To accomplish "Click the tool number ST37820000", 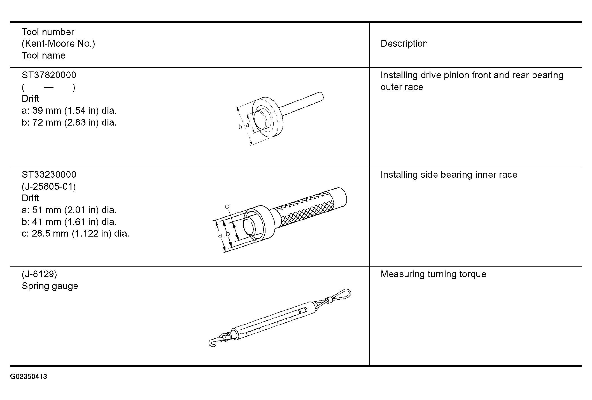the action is [x=49, y=75].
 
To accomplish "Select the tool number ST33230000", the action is [x=49, y=175].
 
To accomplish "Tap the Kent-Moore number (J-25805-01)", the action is [x=49, y=186].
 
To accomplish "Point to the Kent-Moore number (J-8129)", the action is [x=39, y=274].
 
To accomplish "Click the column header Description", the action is [x=404, y=44].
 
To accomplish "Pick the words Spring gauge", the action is [x=50, y=286].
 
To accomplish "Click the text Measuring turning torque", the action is [x=433, y=274].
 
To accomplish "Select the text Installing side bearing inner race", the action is [x=449, y=175].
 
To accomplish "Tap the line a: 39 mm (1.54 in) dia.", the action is [x=69, y=111].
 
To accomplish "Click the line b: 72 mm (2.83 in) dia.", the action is [x=69, y=122].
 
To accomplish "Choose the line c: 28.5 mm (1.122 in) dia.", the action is [x=75, y=233].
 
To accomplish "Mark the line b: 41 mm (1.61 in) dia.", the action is [x=69, y=222].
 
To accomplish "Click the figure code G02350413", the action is [x=29, y=376].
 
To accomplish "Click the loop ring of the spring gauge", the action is [x=339, y=295].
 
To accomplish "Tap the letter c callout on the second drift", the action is [x=227, y=207].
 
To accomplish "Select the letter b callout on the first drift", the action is [x=240, y=127].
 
